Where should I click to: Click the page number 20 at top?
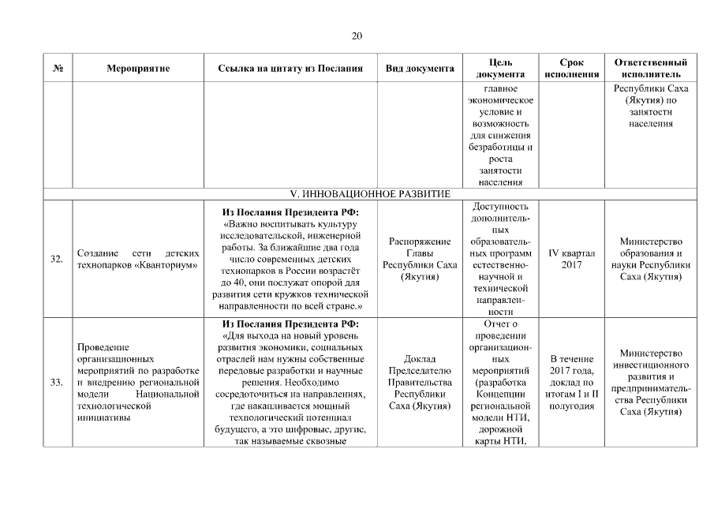357,36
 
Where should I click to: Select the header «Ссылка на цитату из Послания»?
290,69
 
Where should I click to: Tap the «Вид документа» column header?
419,69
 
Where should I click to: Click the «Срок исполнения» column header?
571,68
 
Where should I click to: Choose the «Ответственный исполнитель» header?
650,68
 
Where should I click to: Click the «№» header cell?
58,69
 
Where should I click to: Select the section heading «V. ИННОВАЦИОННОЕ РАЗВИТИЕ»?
371,193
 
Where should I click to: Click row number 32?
58,259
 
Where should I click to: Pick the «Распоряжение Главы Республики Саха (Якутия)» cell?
419,259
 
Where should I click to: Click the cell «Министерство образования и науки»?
650,259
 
